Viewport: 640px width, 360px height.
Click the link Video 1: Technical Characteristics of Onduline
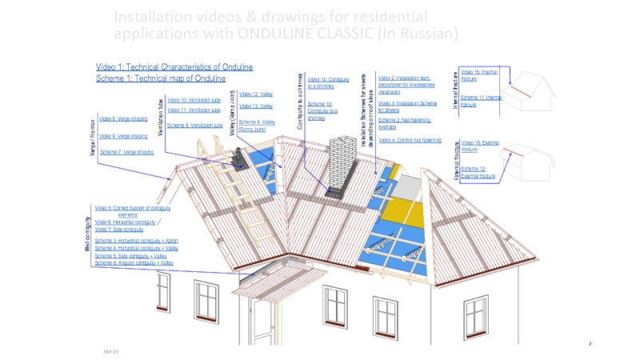174,66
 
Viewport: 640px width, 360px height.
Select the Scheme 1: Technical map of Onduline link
161,78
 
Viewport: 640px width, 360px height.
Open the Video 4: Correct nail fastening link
409,140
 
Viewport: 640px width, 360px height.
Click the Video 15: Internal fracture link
479,75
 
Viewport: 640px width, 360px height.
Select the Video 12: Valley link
257,94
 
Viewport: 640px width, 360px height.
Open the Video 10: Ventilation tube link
194,99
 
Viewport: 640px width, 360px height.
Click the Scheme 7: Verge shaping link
126,152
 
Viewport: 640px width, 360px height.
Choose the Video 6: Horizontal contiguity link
125,222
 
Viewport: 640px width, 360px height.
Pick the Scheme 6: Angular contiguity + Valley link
134,262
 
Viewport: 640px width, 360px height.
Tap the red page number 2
590,343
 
